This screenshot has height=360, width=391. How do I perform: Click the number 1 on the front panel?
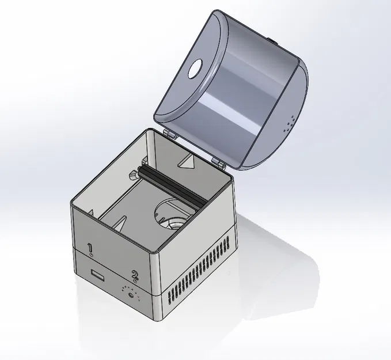click(x=90, y=247)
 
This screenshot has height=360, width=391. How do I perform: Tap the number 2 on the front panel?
click(x=135, y=275)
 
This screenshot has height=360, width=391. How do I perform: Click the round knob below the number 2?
click(x=131, y=295)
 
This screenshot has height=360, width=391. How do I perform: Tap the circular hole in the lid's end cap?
click(x=196, y=70)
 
